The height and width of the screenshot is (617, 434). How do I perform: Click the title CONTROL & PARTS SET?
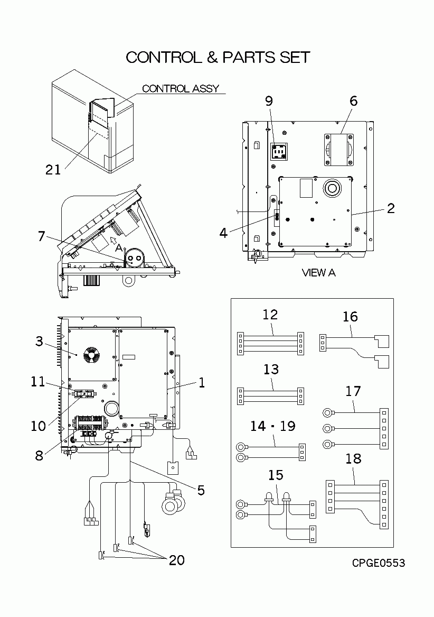[x=218, y=57]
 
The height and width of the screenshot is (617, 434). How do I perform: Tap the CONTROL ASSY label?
[x=180, y=88]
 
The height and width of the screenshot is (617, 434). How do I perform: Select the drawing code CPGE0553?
[x=379, y=563]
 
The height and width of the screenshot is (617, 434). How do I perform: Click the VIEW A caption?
[x=318, y=273]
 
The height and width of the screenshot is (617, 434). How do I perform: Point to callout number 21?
[x=53, y=169]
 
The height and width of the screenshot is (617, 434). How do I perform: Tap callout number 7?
[x=41, y=236]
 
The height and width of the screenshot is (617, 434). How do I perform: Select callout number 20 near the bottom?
[x=176, y=560]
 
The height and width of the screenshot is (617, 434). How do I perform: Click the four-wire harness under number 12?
[x=271, y=344]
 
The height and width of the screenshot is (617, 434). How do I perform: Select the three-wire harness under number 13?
[x=271, y=397]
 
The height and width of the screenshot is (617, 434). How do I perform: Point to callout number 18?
[x=353, y=458]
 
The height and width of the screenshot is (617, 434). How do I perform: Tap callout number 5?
[x=201, y=490]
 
